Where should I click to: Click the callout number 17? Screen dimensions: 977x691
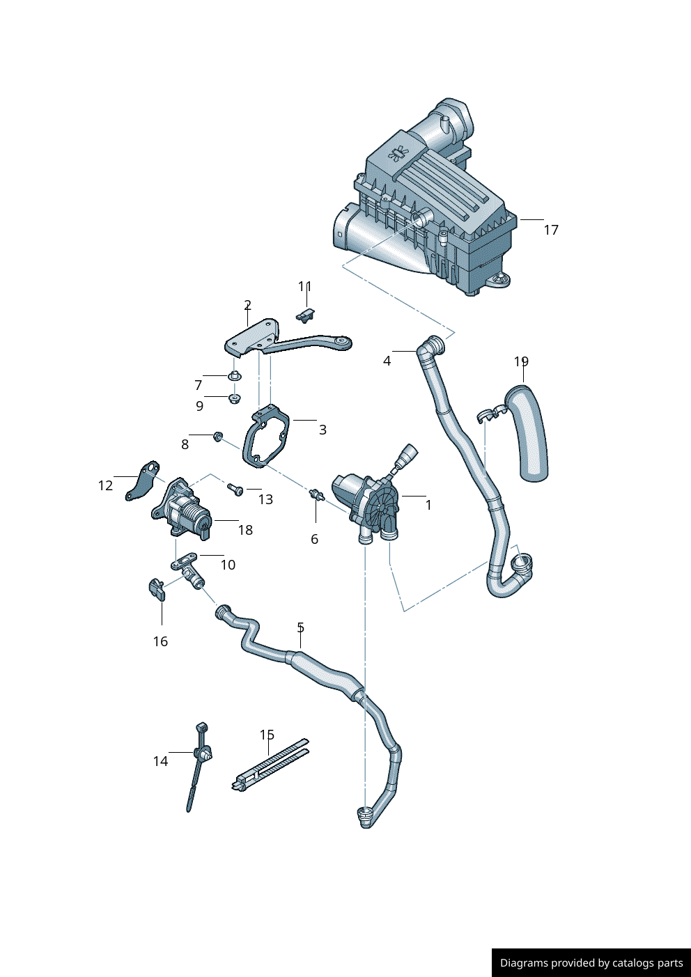point(551,230)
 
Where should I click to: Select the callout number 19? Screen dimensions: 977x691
point(521,361)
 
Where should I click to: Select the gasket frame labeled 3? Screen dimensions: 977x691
point(266,439)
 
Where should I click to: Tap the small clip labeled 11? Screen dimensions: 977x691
point(306,315)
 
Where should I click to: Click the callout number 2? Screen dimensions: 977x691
point(247,305)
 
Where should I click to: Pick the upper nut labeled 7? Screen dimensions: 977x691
point(235,377)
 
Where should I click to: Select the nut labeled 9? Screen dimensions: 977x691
point(235,398)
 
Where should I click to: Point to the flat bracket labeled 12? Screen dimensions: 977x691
point(143,481)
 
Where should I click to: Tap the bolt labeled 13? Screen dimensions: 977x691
point(235,490)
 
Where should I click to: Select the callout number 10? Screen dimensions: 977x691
point(228,565)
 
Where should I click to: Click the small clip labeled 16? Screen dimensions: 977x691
point(157,589)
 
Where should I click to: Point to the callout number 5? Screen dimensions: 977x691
point(300,627)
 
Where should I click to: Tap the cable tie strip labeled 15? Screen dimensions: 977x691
point(270,766)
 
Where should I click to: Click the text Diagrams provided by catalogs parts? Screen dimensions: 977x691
point(591,963)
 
